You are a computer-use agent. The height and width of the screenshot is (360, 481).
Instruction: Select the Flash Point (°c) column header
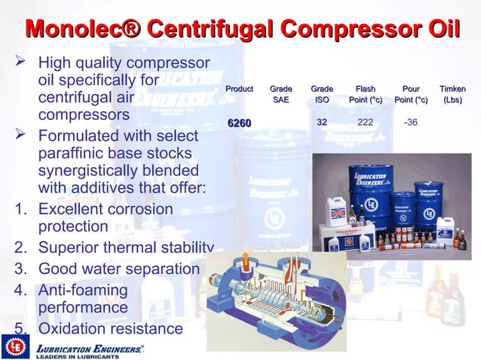click(x=365, y=95)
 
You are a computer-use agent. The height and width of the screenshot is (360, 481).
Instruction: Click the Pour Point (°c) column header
click(x=411, y=95)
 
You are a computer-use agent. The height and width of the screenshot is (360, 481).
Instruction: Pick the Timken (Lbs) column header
click(x=452, y=95)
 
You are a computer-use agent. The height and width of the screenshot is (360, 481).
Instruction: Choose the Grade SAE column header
click(x=280, y=95)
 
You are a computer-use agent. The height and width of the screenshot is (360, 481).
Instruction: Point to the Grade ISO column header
click(x=322, y=95)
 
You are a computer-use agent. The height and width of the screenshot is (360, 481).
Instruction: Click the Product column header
click(x=240, y=90)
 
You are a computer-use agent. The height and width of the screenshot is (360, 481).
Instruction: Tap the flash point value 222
click(x=365, y=123)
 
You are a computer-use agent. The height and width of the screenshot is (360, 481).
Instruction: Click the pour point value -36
click(x=411, y=123)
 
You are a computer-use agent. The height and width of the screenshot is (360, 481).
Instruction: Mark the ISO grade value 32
click(x=321, y=122)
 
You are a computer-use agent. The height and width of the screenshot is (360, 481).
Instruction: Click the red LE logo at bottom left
click(x=14, y=347)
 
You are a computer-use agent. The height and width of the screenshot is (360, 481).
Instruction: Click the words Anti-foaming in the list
click(x=83, y=290)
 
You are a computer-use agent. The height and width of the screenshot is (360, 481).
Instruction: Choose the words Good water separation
click(x=118, y=269)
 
